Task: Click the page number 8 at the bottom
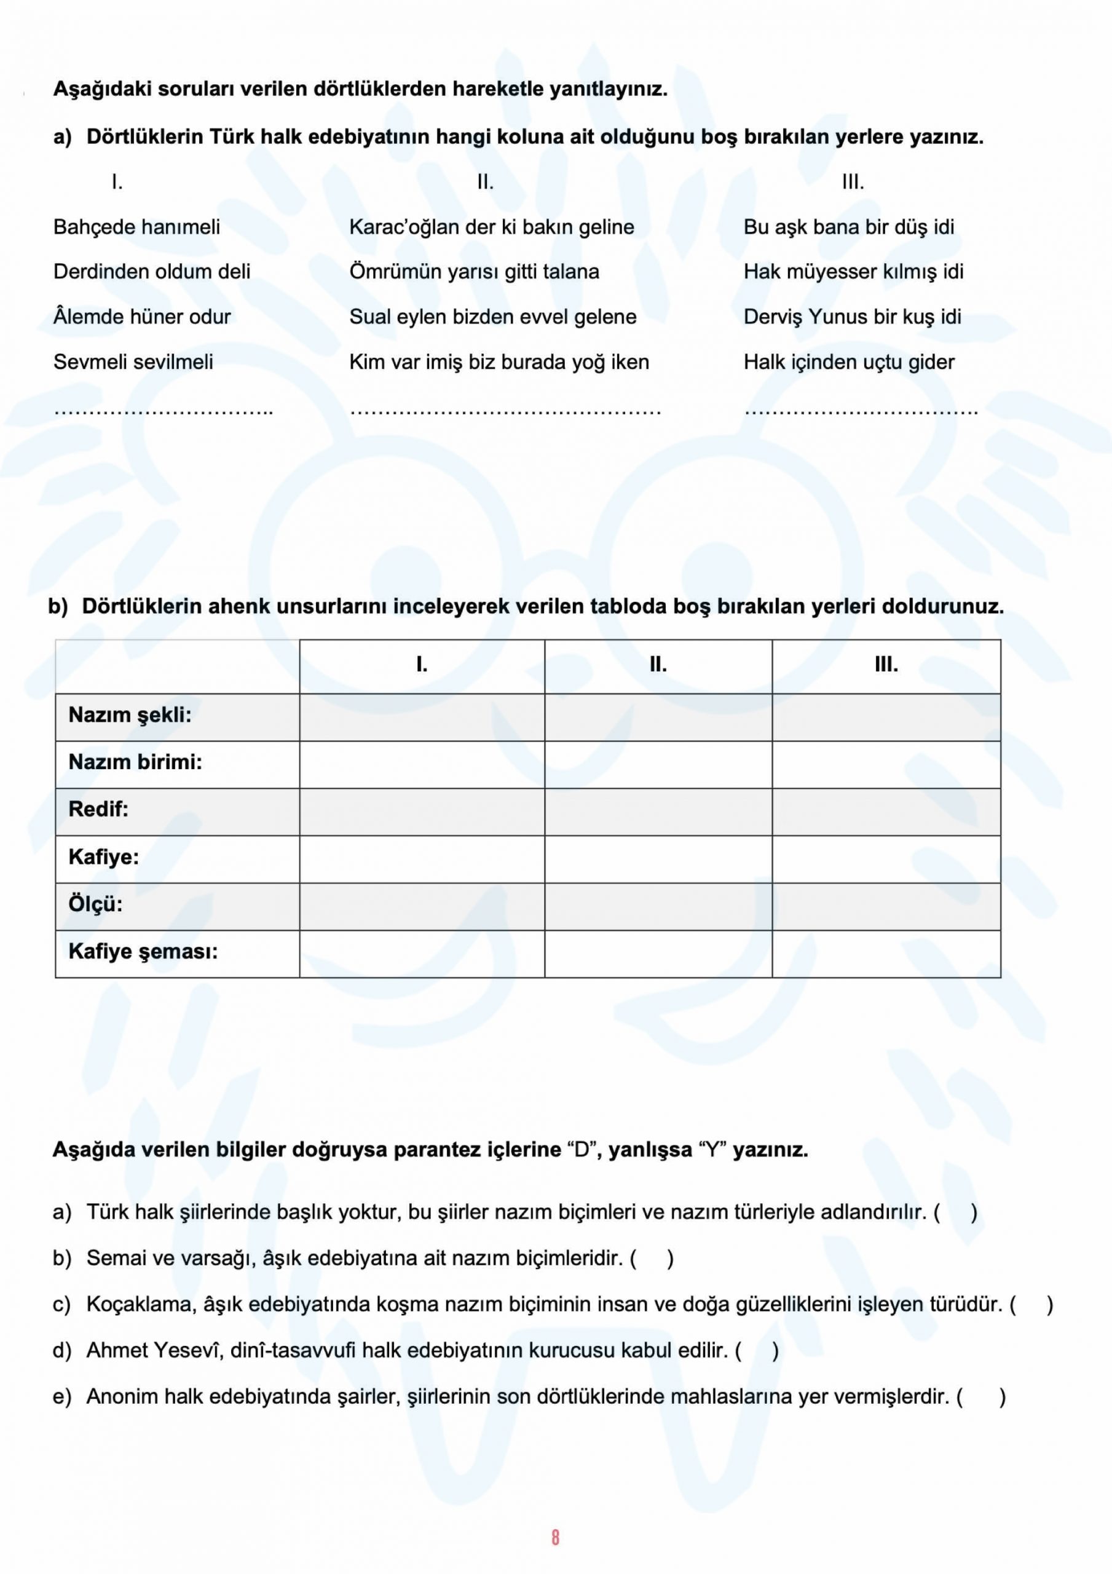point(554,1537)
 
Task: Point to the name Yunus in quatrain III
point(837,317)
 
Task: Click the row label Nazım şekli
point(130,715)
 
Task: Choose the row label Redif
point(98,809)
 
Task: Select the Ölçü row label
point(95,904)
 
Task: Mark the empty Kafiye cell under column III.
point(886,858)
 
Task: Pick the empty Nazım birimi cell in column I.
point(422,763)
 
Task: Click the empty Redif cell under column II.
point(658,810)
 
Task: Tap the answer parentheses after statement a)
point(955,1212)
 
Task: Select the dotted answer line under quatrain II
point(505,411)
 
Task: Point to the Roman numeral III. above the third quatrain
point(853,183)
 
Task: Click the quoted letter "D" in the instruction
point(582,1150)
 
